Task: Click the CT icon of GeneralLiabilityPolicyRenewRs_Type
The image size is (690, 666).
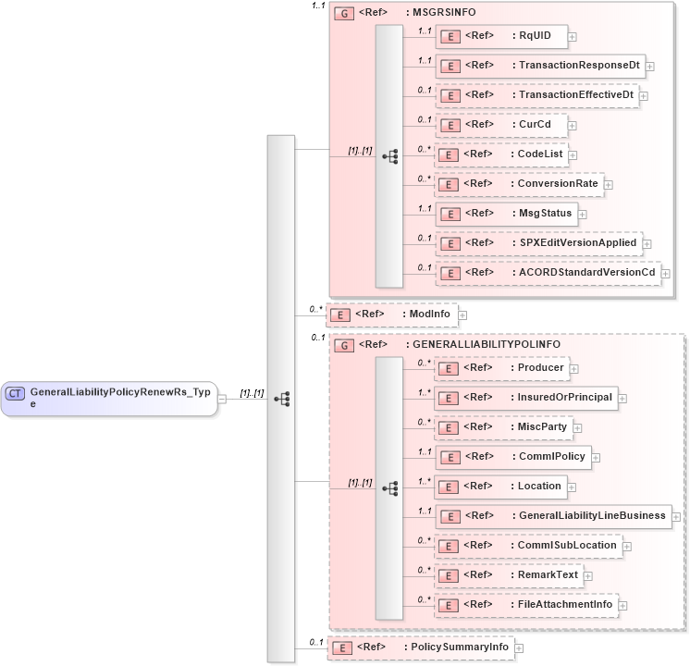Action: (16, 393)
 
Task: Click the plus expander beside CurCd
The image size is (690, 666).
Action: (573, 125)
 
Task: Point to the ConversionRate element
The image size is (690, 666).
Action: (519, 184)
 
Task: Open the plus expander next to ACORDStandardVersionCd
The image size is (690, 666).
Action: (666, 273)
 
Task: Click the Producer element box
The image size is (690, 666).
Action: (500, 368)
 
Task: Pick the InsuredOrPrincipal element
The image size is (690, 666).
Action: (525, 398)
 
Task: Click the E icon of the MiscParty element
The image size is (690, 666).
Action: (449, 427)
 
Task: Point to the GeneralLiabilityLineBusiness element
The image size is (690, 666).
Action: (553, 516)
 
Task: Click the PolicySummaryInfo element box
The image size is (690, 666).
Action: (421, 647)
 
